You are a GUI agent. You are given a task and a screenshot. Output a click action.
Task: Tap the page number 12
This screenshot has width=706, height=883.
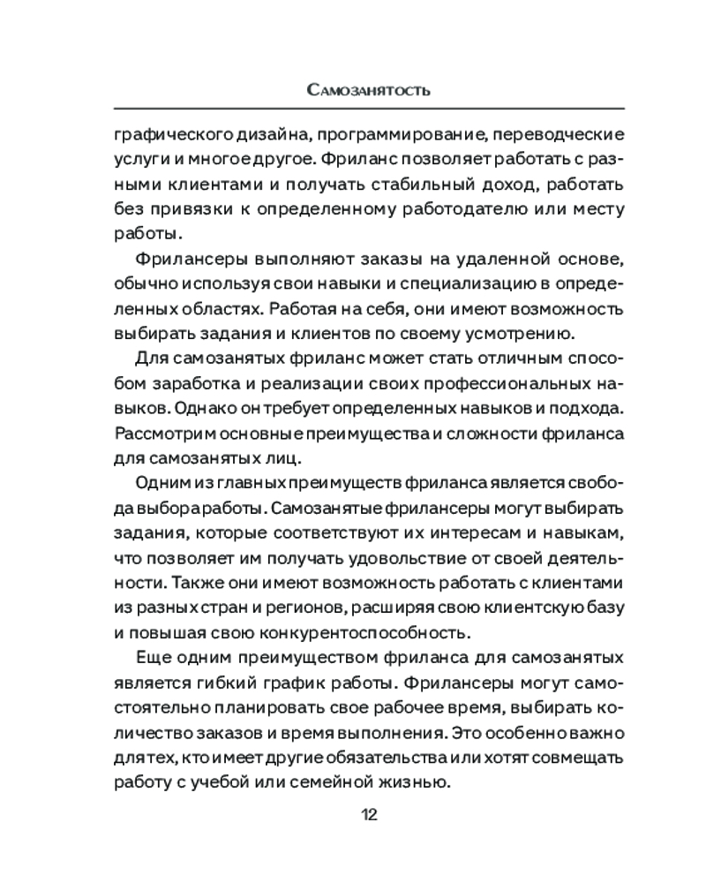pyautogui.click(x=369, y=813)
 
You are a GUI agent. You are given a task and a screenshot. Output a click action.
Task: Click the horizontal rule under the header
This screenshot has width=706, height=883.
pyautogui.click(x=369, y=109)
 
